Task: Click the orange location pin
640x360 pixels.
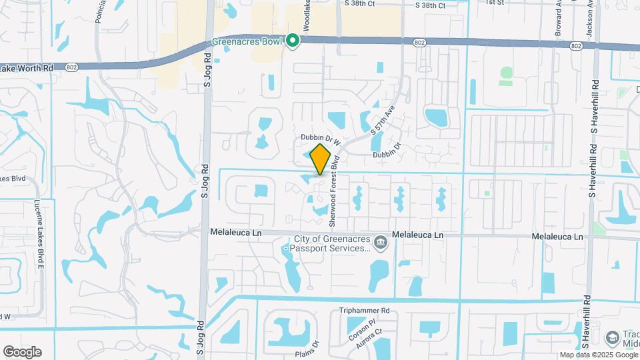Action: click(321, 159)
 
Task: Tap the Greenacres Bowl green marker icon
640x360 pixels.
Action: click(293, 41)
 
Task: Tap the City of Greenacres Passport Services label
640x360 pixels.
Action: click(326, 243)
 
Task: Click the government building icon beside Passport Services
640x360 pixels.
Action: click(381, 241)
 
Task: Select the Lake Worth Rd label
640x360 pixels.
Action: click(27, 68)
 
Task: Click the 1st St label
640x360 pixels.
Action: click(495, 3)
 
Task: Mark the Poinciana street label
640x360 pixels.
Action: click(101, 11)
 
